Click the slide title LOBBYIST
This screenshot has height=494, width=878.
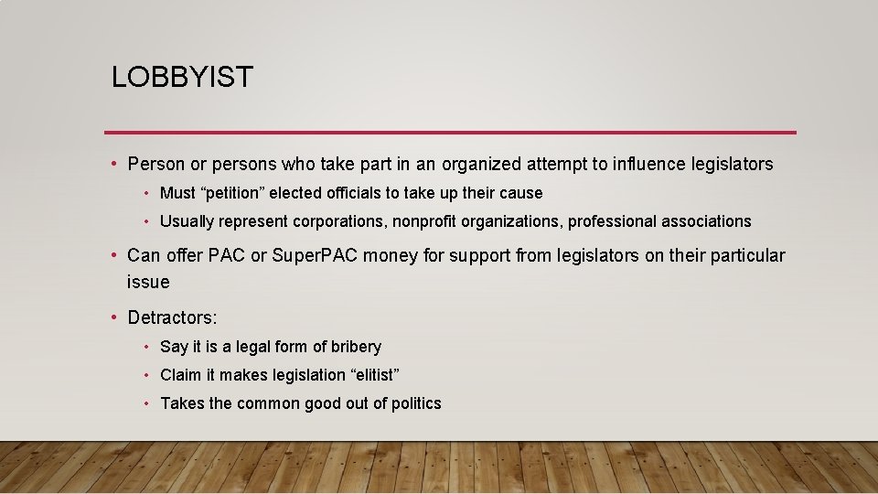tap(182, 77)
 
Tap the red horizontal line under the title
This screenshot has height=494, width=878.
tap(450, 132)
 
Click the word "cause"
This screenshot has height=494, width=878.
tap(522, 193)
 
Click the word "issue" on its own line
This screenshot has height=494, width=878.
tap(148, 283)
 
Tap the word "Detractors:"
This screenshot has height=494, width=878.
tap(173, 318)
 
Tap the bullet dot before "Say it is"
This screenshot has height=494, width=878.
tap(146, 347)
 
